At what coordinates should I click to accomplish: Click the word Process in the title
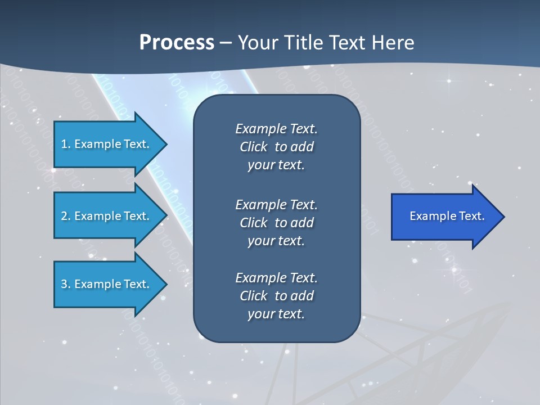tap(177, 43)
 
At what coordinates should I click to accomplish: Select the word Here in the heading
tap(393, 43)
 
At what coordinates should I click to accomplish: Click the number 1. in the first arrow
tap(65, 144)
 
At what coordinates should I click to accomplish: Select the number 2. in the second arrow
tap(65, 216)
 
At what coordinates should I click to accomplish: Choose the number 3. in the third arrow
tap(65, 284)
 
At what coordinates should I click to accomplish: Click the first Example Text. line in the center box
tap(276, 129)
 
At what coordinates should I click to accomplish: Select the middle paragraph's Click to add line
tap(276, 223)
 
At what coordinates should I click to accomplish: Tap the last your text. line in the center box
tap(276, 314)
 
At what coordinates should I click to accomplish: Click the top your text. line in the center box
tap(276, 165)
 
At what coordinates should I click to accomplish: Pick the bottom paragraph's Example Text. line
tap(276, 278)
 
